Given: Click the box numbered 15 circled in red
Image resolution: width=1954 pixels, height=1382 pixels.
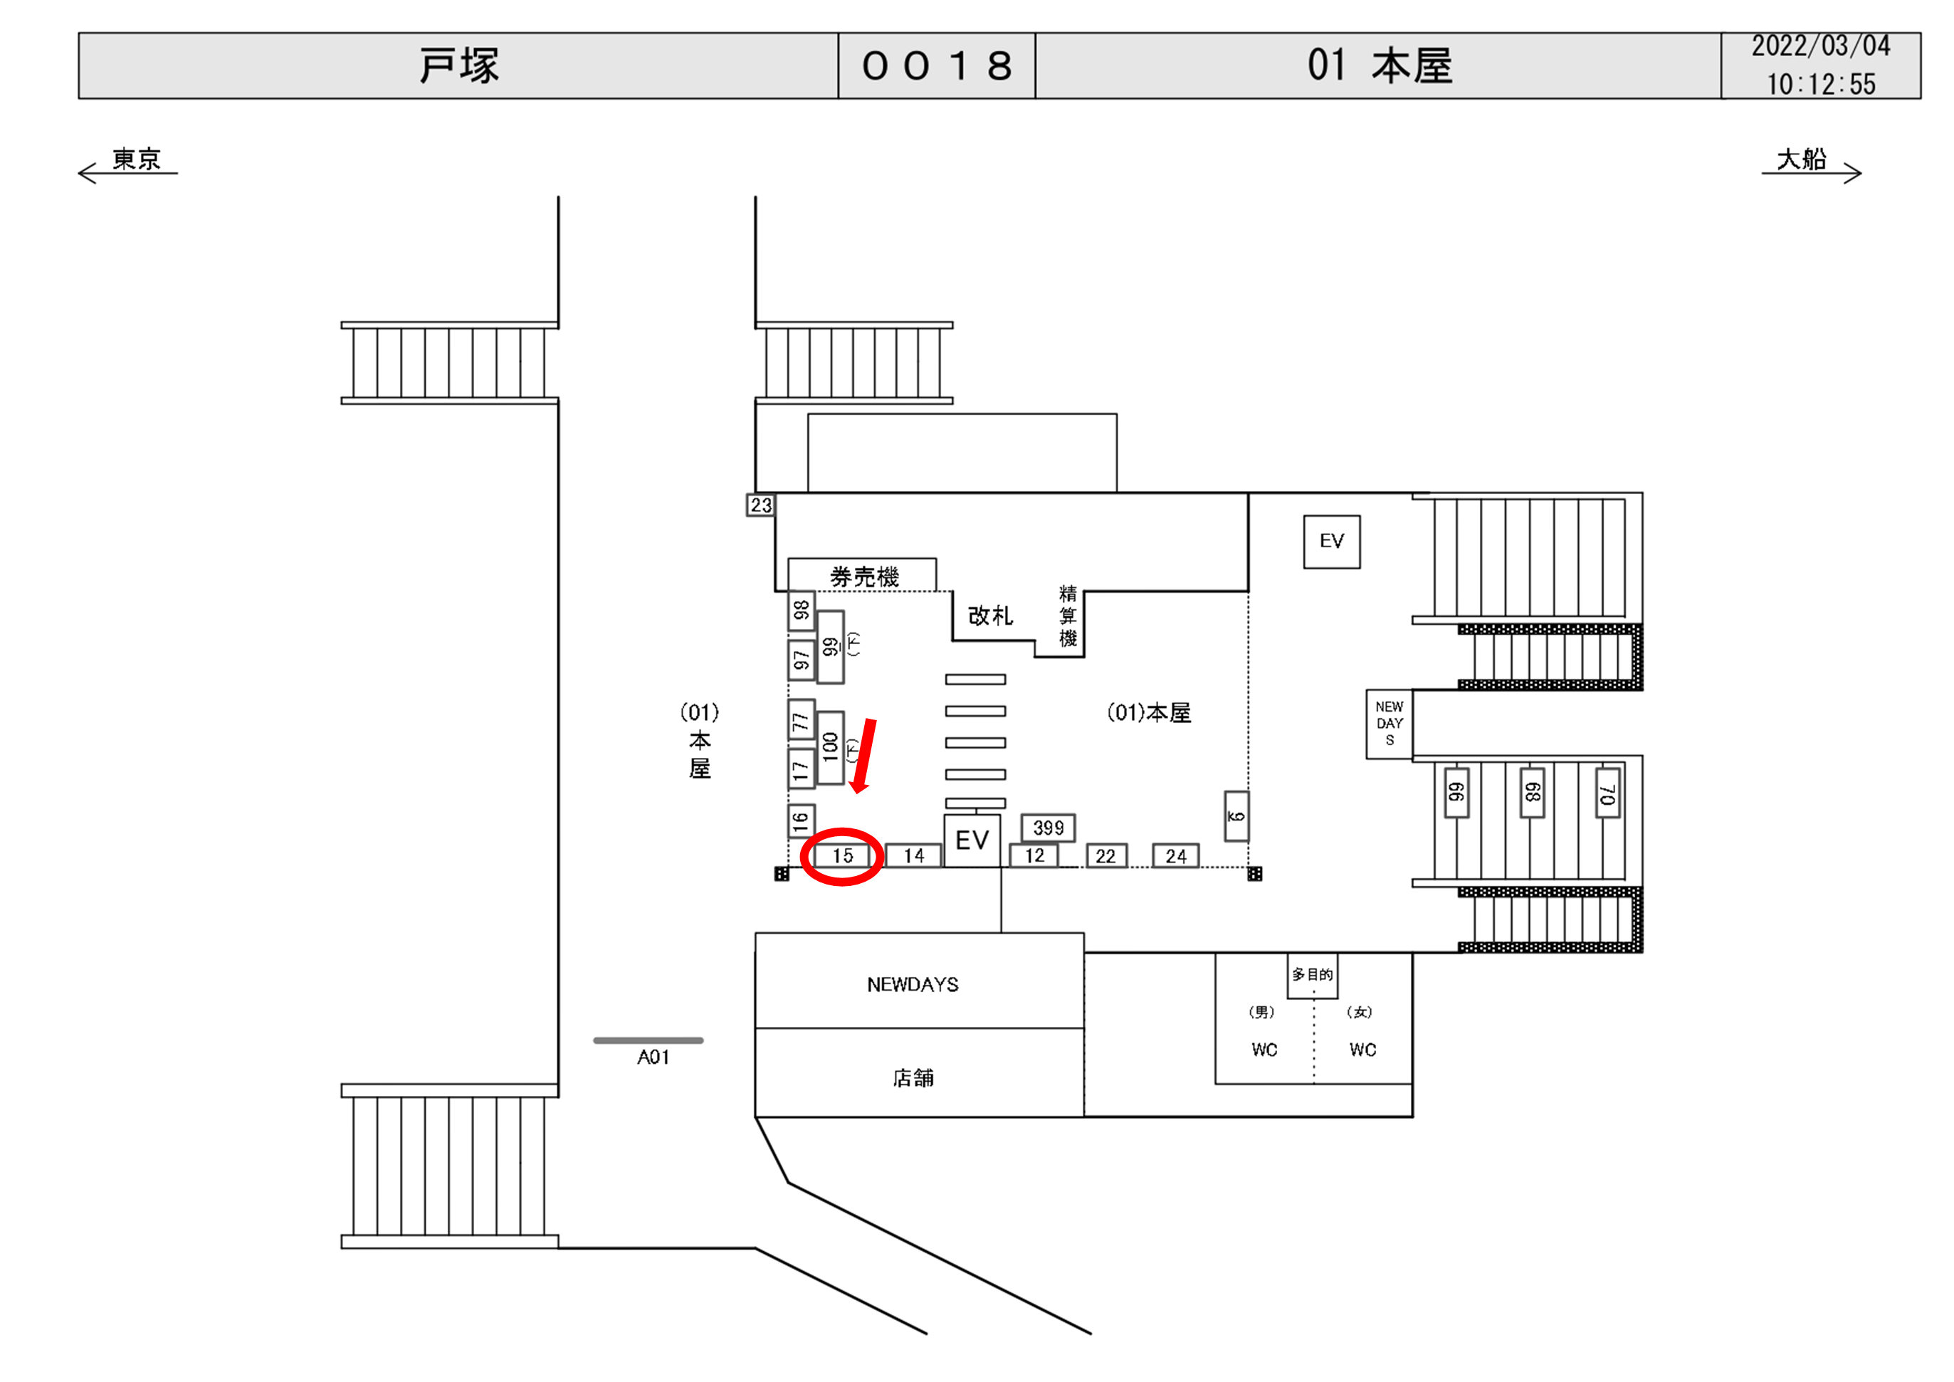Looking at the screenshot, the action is (841, 855).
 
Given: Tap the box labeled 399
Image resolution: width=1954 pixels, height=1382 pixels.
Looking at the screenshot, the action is (1048, 827).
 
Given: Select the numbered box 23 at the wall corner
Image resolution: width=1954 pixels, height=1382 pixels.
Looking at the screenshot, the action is (760, 505).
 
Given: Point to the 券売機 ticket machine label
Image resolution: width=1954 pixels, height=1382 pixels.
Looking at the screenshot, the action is (863, 577).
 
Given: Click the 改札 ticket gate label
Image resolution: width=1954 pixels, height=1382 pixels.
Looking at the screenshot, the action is (989, 616).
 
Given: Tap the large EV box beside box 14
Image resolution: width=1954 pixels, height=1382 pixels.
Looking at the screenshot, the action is (972, 840).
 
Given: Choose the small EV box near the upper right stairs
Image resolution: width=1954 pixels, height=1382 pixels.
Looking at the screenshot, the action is (1331, 542).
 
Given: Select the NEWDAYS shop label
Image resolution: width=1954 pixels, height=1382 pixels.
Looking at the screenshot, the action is (913, 985).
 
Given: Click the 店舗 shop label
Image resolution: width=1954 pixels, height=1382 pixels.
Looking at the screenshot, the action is (913, 1078).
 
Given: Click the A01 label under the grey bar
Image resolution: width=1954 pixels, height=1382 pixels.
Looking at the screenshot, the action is (653, 1057).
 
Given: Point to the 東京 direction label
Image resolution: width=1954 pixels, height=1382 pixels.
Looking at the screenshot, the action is (136, 159).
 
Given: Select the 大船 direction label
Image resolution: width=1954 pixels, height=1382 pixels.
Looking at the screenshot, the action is (1801, 159).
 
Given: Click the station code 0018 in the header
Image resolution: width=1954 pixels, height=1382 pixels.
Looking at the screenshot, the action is (937, 65).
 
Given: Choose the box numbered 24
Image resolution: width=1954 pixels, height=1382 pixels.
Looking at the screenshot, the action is (1175, 856).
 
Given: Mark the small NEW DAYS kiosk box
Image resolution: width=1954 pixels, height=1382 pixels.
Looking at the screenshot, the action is (1389, 723).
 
